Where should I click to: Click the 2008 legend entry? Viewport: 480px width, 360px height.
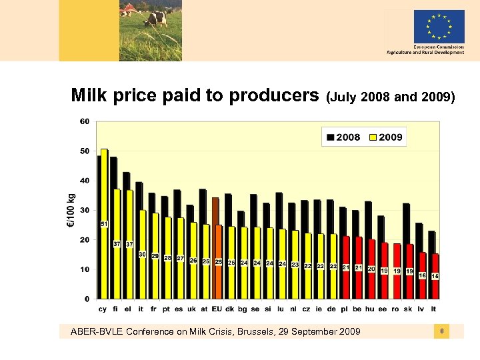(x=343, y=137)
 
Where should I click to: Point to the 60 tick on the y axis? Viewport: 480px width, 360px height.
(x=85, y=122)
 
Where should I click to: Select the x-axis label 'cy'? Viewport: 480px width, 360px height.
(x=103, y=309)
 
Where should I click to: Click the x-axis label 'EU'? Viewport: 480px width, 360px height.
(x=217, y=309)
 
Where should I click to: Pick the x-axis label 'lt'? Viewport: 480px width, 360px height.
(x=433, y=309)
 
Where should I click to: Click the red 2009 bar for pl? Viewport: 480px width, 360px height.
(x=346, y=267)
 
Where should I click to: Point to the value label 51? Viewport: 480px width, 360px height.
(x=104, y=223)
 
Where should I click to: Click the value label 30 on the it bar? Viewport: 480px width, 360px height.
(x=142, y=254)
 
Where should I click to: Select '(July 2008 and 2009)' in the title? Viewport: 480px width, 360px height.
(x=391, y=98)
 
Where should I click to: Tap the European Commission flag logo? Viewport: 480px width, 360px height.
(x=439, y=27)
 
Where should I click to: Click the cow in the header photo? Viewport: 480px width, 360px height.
(x=157, y=17)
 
